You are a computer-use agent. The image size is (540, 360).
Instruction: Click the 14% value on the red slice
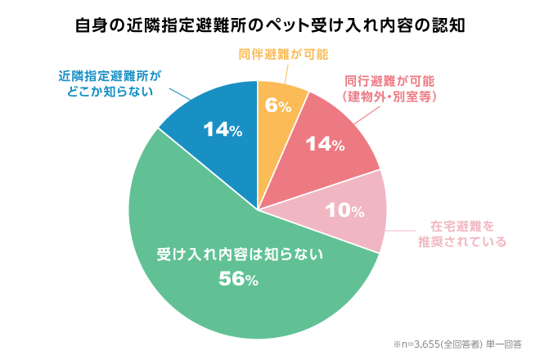pos(326,145)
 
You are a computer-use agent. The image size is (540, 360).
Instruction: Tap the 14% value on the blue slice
pos(222,129)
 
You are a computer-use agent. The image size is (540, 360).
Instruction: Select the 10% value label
pos(344,210)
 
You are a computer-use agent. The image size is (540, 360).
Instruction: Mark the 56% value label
pos(239,279)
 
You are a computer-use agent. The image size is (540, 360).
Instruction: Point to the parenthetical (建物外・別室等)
pos(389,97)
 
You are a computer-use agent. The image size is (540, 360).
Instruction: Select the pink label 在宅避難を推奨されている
pos(463,234)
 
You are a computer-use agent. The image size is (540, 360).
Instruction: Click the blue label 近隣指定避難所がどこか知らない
pos(110,83)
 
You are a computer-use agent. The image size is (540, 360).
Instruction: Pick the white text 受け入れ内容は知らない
pos(241,254)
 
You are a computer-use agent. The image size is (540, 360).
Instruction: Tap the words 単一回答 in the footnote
pos(506,344)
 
